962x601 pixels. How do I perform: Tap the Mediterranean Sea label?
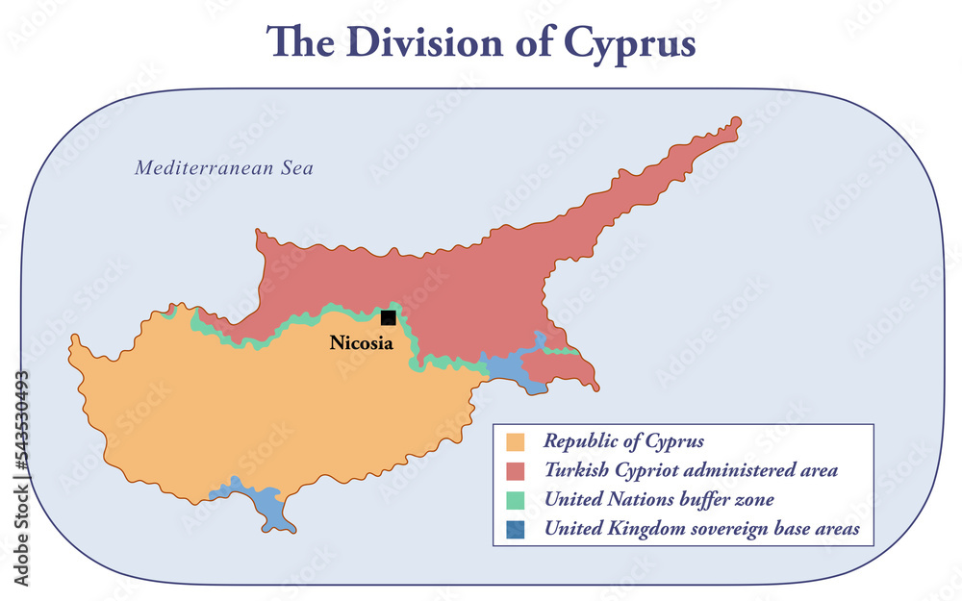click(x=223, y=168)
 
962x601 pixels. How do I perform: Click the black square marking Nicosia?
click(x=388, y=317)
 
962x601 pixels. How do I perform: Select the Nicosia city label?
click(x=361, y=342)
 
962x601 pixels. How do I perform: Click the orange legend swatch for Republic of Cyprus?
click(x=516, y=442)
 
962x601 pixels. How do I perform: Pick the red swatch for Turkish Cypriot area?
click(x=516, y=471)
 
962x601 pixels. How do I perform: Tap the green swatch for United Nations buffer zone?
click(x=516, y=500)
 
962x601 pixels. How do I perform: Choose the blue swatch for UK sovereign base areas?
click(x=516, y=529)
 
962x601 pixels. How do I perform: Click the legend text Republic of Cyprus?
click(x=623, y=442)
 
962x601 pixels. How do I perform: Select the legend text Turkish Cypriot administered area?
click(x=690, y=471)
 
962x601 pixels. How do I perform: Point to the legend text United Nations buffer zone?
click(x=658, y=500)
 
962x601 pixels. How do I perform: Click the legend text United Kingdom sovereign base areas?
click(x=701, y=529)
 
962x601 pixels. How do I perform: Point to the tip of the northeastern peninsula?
click(x=737, y=122)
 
